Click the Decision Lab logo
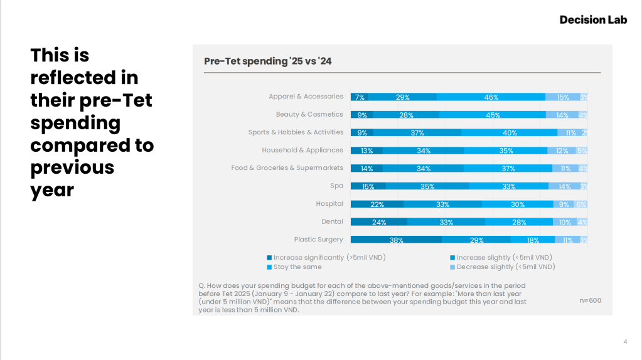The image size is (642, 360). click(593, 19)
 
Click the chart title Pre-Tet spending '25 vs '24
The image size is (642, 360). click(267, 61)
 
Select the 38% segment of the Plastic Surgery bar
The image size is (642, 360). click(396, 240)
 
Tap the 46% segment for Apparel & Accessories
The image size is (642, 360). click(491, 97)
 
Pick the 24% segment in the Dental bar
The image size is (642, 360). click(378, 222)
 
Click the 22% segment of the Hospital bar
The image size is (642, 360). click(377, 204)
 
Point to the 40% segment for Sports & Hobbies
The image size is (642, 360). click(509, 132)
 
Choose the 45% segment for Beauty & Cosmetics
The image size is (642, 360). click(493, 115)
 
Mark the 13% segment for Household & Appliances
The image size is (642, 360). click(366, 151)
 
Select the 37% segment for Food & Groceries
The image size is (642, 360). click(508, 168)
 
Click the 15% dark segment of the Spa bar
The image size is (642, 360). click(368, 186)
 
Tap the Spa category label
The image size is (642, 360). click(336, 186)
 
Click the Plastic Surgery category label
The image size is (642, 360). click(318, 240)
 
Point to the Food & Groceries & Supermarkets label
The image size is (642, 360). click(287, 168)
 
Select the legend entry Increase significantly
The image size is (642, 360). click(326, 258)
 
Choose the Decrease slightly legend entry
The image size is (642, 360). click(506, 267)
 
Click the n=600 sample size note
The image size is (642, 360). click(590, 300)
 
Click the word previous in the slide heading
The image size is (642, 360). click(72, 167)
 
